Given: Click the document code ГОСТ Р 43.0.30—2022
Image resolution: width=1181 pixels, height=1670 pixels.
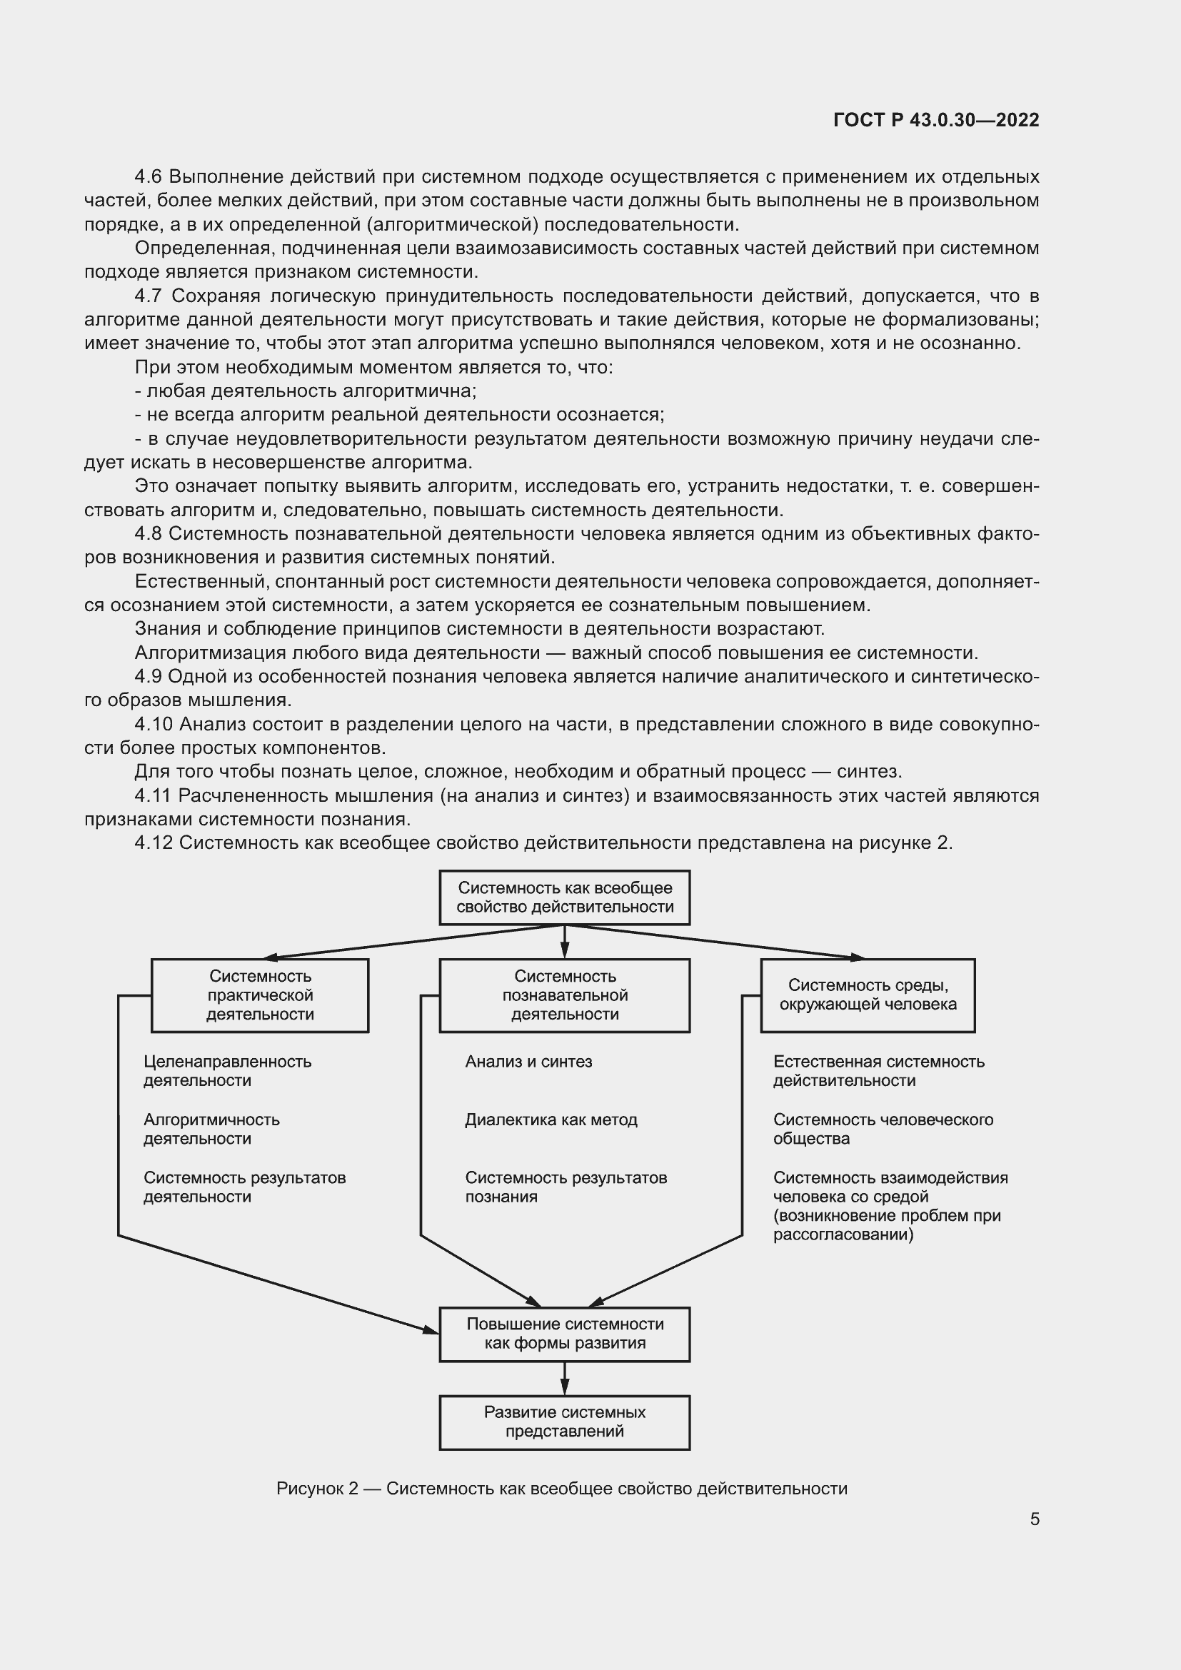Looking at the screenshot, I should [936, 120].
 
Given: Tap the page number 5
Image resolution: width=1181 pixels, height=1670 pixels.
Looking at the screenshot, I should [1034, 1519].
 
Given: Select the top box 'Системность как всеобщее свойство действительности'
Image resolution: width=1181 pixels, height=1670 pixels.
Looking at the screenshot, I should [564, 897].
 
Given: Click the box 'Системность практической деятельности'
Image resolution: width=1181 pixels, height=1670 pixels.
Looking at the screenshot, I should [260, 995].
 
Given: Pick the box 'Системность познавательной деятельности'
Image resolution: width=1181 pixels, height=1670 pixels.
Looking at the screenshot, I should [564, 995].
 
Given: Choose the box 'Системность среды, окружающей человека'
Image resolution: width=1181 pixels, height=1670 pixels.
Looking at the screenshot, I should [868, 995].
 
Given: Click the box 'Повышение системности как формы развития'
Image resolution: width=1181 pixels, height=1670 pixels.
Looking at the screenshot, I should [564, 1334].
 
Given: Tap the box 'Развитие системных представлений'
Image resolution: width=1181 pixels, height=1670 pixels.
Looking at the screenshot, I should [564, 1422].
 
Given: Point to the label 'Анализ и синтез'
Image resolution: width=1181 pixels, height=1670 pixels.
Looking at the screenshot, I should [528, 1062].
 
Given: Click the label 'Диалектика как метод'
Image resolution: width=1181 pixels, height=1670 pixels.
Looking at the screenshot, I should [551, 1120].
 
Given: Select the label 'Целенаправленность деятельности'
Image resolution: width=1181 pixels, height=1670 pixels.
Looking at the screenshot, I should [227, 1071].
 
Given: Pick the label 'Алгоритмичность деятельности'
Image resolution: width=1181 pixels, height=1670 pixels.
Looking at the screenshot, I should [211, 1129].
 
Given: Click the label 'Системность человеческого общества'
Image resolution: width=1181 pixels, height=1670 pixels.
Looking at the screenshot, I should [883, 1129].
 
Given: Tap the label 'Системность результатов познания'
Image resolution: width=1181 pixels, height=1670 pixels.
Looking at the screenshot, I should [566, 1187].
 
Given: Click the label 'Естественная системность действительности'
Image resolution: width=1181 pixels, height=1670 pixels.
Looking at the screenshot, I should [878, 1071].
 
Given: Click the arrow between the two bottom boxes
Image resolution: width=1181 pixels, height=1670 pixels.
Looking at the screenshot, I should [564, 1377].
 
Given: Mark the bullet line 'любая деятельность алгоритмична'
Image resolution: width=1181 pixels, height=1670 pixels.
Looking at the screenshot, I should [306, 391].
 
